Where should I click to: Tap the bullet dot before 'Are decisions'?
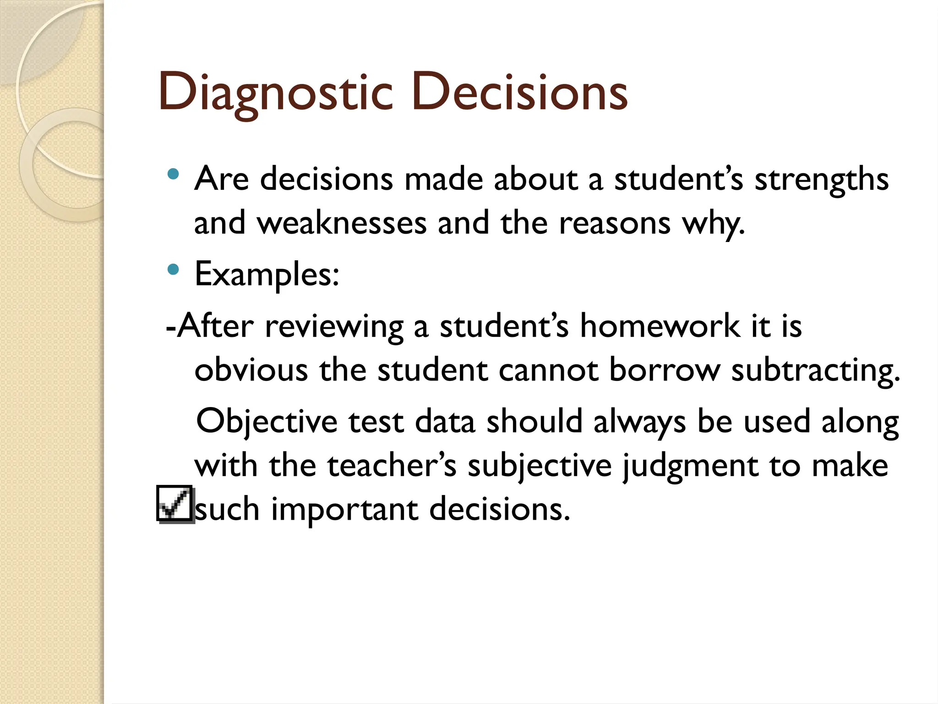[173, 174]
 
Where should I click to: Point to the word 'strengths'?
[822, 180]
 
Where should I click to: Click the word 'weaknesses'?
[342, 223]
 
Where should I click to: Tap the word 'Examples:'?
[267, 275]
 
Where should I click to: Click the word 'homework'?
[660, 326]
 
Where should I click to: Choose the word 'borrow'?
[664, 370]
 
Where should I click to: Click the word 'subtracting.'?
[815, 371]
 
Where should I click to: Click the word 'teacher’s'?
[392, 466]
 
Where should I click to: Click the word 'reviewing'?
[334, 327]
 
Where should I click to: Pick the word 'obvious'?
[251, 370]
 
